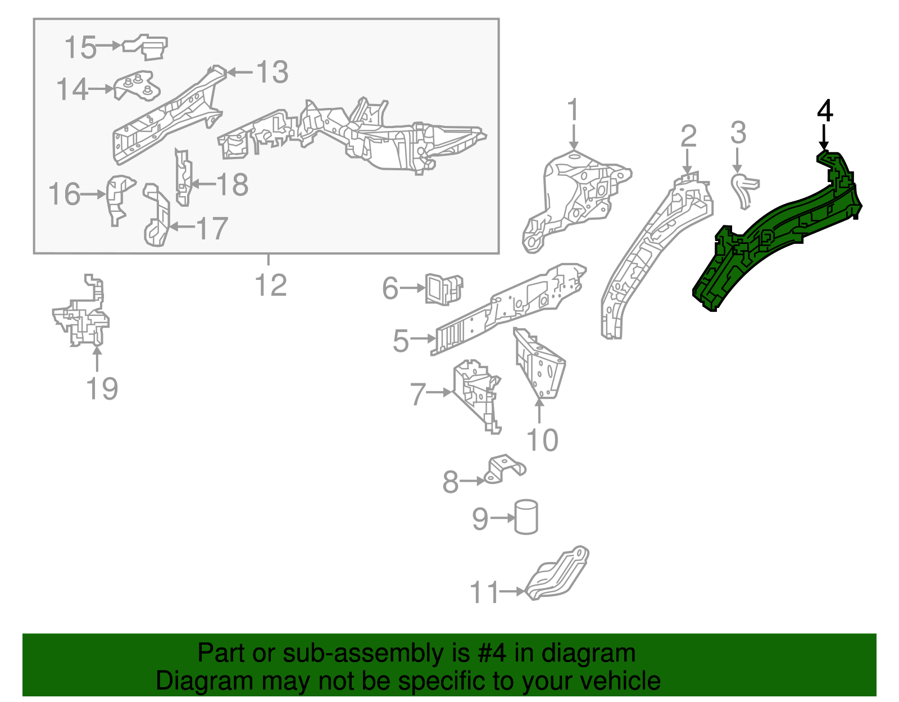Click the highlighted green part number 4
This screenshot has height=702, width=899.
[778, 232]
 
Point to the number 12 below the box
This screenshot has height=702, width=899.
[271, 285]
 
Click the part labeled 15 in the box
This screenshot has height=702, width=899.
[146, 47]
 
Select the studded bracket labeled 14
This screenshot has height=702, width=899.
[137, 85]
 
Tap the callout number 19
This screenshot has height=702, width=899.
[102, 388]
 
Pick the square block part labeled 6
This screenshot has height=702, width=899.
[443, 288]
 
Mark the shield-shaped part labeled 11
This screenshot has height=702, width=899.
[557, 573]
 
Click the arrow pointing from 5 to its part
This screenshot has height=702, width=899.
[422, 338]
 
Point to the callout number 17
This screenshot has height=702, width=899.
[211, 228]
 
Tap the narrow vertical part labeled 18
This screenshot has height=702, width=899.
[183, 178]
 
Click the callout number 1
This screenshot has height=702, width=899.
[573, 110]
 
